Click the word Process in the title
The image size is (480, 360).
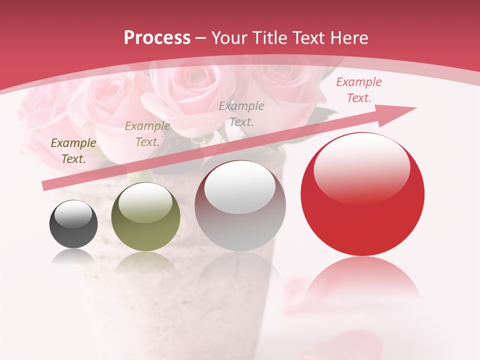click(x=157, y=38)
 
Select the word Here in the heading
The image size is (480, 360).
click(x=349, y=38)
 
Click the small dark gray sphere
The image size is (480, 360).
click(x=73, y=224)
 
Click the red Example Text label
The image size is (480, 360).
click(x=358, y=90)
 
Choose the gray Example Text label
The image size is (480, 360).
click(x=241, y=113)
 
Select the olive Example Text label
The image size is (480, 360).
click(x=147, y=133)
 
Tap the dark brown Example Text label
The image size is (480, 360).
click(x=73, y=150)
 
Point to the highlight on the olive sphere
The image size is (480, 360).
click(x=145, y=201)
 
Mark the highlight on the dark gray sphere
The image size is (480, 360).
click(x=73, y=214)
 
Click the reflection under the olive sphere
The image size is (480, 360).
click(x=145, y=262)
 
